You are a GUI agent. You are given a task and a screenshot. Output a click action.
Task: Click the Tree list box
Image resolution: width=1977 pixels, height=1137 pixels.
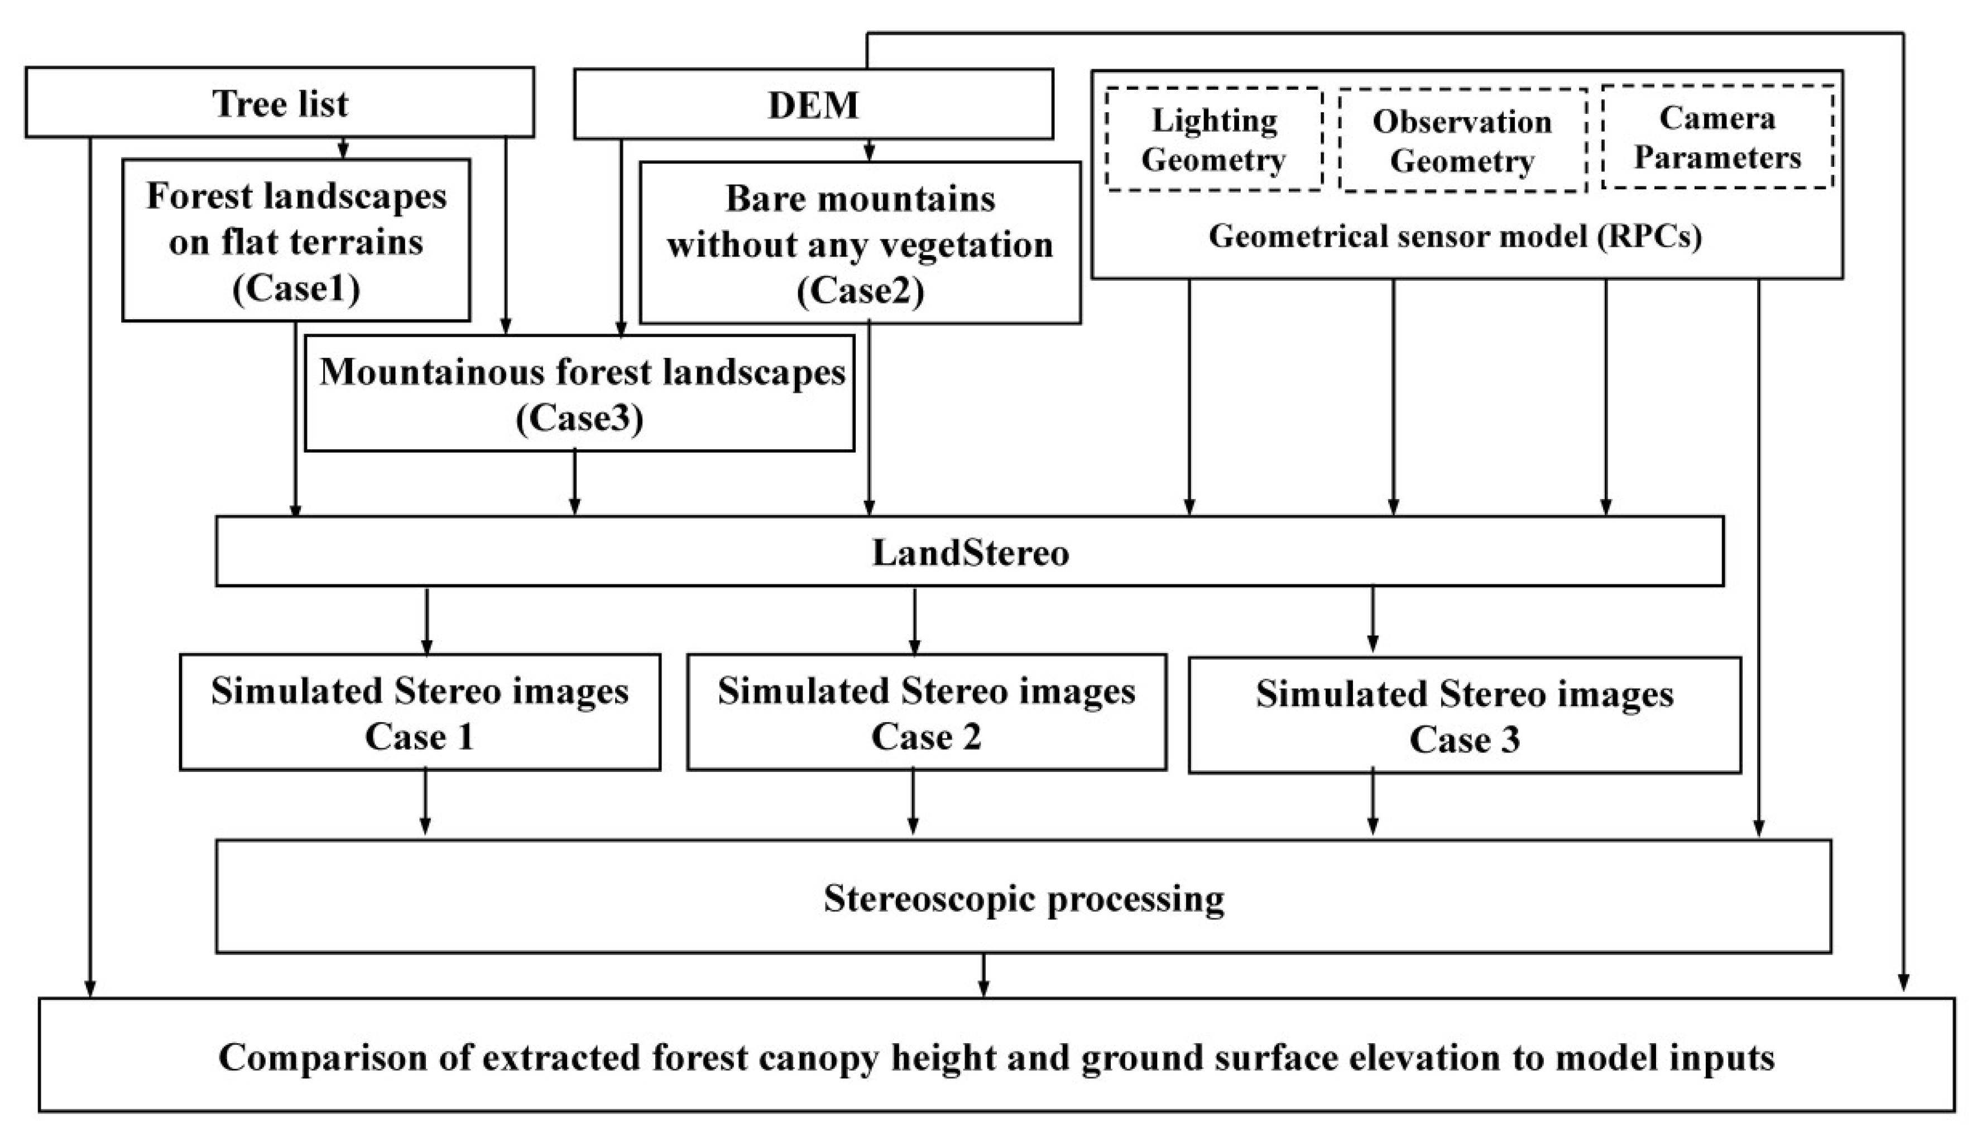pos(280,103)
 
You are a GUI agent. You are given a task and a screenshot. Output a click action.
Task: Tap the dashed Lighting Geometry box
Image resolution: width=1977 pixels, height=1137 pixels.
pos(1213,139)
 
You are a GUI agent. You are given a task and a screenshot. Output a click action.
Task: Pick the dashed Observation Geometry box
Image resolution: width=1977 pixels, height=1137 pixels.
pos(1462,141)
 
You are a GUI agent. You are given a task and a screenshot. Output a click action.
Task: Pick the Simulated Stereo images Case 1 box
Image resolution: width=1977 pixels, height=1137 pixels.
pos(420,713)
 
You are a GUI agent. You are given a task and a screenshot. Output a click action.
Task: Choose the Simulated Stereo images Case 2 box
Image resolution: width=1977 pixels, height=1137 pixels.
pos(927,713)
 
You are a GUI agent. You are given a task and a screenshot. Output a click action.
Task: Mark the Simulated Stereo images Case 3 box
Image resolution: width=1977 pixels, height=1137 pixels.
pos(1464,716)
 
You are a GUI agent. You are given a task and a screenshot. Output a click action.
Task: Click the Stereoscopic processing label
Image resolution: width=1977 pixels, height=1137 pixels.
pos(1023,898)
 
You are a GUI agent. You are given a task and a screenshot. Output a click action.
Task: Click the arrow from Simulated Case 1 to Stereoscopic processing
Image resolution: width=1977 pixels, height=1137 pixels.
pos(425,804)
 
